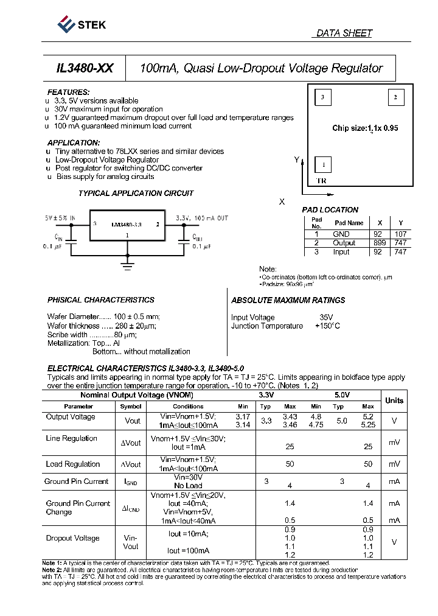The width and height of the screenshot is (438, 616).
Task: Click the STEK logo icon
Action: coord(65,24)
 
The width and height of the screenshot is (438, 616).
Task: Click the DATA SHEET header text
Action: coord(344,33)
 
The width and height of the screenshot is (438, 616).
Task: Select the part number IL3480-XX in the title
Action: coord(84,69)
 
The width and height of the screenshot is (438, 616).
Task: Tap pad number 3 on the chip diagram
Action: coord(323,97)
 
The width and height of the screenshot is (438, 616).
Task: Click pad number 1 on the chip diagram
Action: coord(323,164)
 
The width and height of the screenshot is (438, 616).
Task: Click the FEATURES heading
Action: coord(68,92)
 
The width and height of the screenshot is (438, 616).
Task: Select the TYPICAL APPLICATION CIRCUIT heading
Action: coord(136,194)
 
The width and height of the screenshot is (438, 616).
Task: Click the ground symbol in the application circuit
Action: coord(127,263)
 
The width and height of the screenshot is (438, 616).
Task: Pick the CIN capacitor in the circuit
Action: coord(71,242)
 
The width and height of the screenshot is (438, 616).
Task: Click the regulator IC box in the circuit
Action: coord(127,228)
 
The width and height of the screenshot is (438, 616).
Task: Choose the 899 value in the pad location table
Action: coord(380,242)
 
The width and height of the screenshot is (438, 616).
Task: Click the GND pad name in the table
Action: coord(341,234)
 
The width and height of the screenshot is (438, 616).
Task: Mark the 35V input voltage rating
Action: coord(327,317)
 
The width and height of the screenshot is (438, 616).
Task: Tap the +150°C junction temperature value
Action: coord(327,326)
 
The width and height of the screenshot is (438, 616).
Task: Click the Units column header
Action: coord(394,400)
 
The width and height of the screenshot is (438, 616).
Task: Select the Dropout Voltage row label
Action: coord(72,538)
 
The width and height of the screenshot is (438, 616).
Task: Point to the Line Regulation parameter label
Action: coord(71,438)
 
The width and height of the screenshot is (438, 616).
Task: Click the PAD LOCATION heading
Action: coord(330,210)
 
